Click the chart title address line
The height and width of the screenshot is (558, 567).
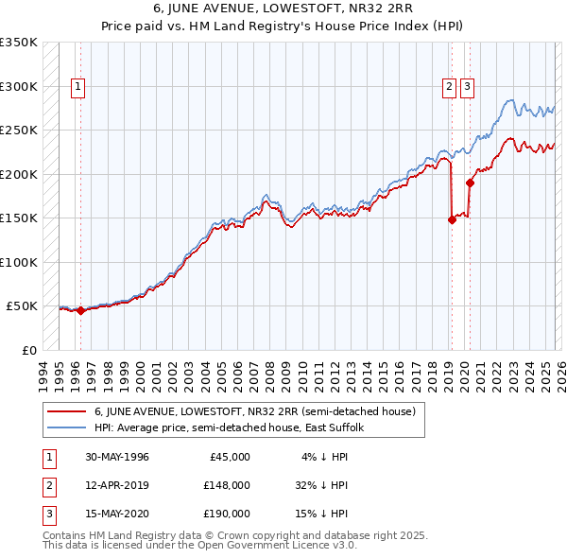point(283,9)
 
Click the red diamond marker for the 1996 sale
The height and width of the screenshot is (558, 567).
point(80,310)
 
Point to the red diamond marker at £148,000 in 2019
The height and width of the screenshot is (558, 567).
point(452,219)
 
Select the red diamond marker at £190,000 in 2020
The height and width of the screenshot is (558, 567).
point(470,183)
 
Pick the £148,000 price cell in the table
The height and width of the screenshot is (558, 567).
point(227,485)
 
